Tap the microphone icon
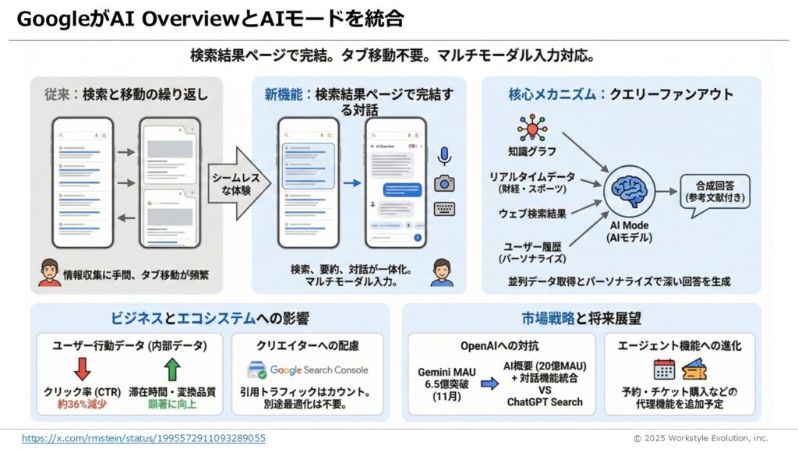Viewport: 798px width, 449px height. pyautogui.click(x=444, y=156)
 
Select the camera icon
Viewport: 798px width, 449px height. pyautogui.click(x=444, y=183)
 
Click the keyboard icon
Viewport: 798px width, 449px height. pyautogui.click(x=444, y=209)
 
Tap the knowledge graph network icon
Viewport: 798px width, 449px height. pyautogui.click(x=532, y=129)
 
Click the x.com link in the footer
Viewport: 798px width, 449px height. pyautogui.click(x=143, y=438)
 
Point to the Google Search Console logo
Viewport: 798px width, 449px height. pyautogui.click(x=307, y=370)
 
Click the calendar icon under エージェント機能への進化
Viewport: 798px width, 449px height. pyautogui.click(x=664, y=369)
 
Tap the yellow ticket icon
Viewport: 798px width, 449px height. pyautogui.click(x=694, y=369)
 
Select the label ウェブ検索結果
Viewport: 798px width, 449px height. pyautogui.click(x=533, y=213)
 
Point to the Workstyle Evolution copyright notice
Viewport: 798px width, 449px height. pyautogui.click(x=700, y=438)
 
